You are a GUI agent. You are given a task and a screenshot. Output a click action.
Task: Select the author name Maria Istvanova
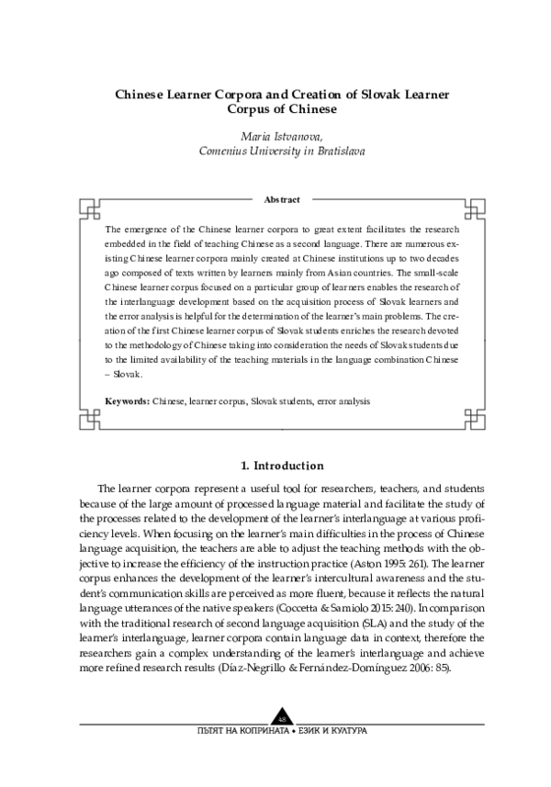pos(275,136)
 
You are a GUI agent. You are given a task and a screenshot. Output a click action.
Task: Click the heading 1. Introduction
pos(275,466)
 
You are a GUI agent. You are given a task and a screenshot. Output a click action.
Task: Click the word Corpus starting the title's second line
pos(245,108)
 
